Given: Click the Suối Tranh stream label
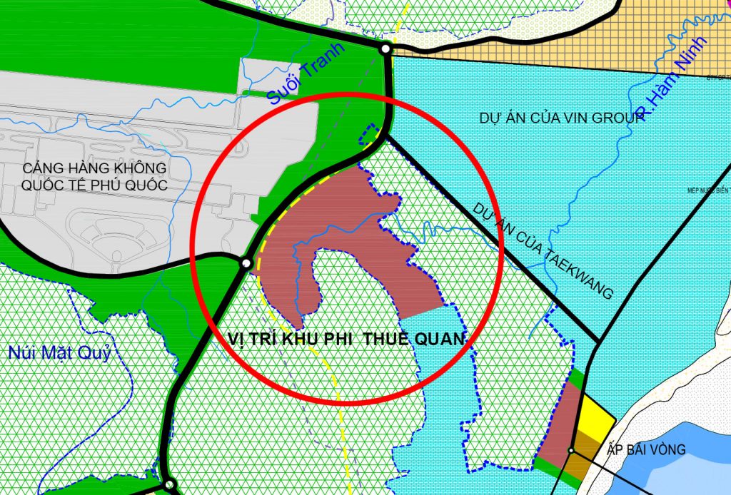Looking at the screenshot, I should click(x=306, y=75).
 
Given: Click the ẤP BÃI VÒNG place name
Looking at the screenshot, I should click(x=646, y=450).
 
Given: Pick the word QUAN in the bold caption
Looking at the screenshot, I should click(x=443, y=340).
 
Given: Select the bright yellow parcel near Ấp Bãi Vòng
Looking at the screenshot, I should click(x=595, y=420).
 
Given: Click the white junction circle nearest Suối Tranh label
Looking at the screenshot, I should click(x=385, y=49).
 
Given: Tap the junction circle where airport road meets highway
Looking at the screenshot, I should click(x=246, y=263).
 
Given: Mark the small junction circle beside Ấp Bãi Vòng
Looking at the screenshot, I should click(x=571, y=451).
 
